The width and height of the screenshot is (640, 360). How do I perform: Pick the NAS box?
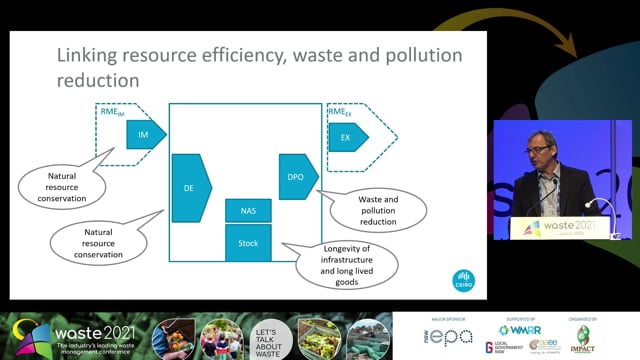click(248, 211)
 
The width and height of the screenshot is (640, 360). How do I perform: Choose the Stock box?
click(248, 243)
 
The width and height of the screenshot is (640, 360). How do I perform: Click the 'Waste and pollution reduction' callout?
click(377, 209)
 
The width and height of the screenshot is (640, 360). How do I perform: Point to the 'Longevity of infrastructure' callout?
click(347, 264)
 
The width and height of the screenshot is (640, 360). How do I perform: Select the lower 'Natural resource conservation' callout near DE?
click(104, 241)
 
